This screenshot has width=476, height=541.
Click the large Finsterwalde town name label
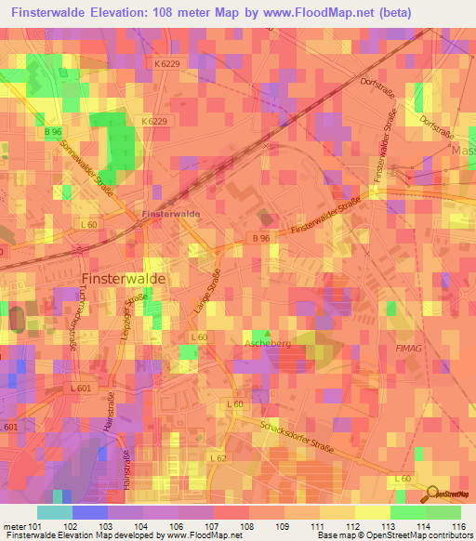(124, 279)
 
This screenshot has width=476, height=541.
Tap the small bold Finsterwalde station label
(170, 214)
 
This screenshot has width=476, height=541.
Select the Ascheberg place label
(268, 344)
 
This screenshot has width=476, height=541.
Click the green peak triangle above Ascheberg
(268, 333)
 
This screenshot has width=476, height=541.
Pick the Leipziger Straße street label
(136, 317)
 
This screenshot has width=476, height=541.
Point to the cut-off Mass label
(462, 150)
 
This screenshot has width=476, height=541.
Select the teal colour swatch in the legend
(54, 512)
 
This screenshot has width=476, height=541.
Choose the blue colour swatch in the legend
(89, 512)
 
